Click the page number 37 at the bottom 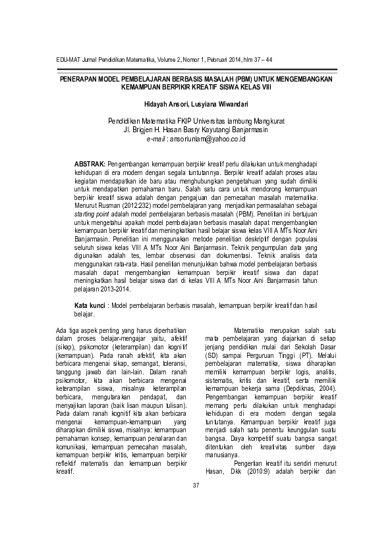[x=196, y=505]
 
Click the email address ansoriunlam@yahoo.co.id [x=207, y=139]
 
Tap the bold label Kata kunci [x=90, y=306]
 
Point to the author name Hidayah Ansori [x=165, y=104]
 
